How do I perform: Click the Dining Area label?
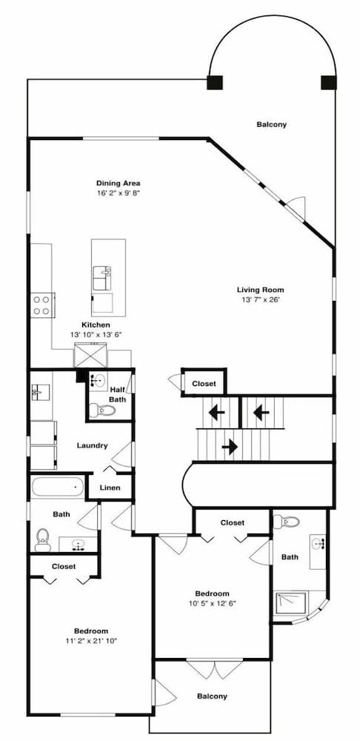click(x=118, y=183)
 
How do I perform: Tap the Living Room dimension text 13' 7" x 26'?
click(x=260, y=300)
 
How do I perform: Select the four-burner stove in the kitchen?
click(x=41, y=304)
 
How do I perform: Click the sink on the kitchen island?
click(x=102, y=278)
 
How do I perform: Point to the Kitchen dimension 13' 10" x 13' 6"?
click(x=96, y=334)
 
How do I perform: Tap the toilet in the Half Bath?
click(x=99, y=410)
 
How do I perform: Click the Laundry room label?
click(x=93, y=445)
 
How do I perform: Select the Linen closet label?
click(x=110, y=488)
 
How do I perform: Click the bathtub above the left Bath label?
click(x=57, y=488)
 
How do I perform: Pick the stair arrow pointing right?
click(x=229, y=447)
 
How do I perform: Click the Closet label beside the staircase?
click(x=204, y=383)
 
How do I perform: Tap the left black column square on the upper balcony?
click(x=214, y=82)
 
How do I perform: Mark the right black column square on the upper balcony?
click(x=328, y=82)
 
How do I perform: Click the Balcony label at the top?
click(x=271, y=124)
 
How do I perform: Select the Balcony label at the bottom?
click(x=212, y=696)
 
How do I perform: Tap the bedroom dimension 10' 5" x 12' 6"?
click(x=212, y=603)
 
